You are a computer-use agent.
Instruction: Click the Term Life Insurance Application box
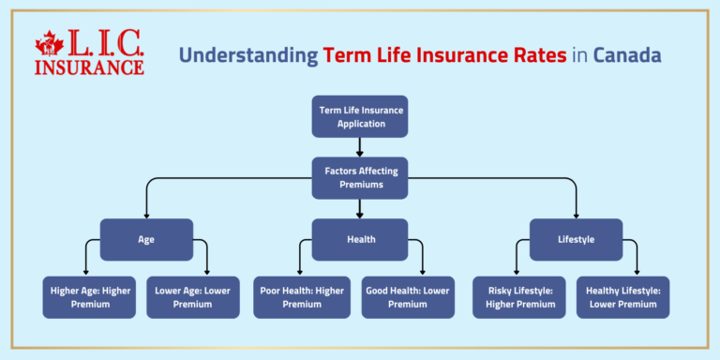(360, 115)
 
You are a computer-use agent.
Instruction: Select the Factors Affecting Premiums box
(360, 177)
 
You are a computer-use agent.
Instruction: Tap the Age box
(146, 239)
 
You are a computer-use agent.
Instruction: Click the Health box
(360, 239)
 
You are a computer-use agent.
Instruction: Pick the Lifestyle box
(576, 239)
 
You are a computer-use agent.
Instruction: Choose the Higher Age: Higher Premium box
(89, 297)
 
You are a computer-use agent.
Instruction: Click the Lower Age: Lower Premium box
(192, 297)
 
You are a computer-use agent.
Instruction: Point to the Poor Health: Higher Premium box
(301, 297)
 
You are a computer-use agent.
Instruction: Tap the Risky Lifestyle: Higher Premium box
(518, 297)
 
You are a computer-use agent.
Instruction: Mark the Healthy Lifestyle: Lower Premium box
(622, 297)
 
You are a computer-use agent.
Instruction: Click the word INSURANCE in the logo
(89, 67)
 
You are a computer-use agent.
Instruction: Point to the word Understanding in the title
(248, 55)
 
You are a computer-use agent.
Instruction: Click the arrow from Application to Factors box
(360, 145)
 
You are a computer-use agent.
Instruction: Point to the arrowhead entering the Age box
(146, 214)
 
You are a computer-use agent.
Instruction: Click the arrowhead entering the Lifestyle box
(576, 214)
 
